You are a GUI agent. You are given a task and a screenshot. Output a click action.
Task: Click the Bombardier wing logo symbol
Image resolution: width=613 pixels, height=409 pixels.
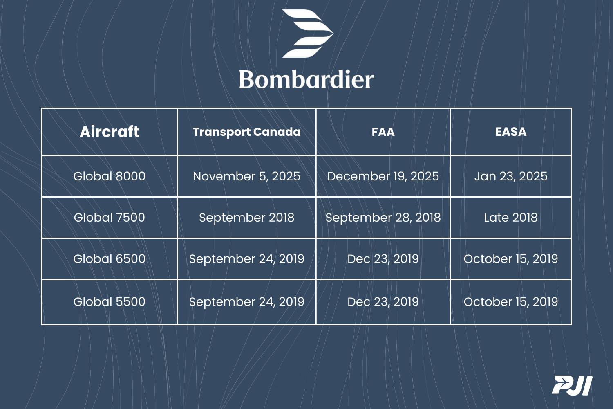pyautogui.click(x=308, y=34)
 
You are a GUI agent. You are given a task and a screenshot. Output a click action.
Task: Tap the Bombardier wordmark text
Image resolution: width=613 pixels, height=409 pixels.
pyautogui.click(x=306, y=79)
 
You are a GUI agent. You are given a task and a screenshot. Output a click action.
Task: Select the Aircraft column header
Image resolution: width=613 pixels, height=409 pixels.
pyautogui.click(x=110, y=132)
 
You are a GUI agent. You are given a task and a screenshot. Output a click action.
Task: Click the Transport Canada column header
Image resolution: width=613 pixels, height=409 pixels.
pyautogui.click(x=246, y=132)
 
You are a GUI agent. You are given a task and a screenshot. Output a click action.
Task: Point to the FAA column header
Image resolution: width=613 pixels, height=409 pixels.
pyautogui.click(x=383, y=132)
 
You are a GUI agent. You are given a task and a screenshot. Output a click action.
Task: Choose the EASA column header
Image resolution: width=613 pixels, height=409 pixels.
pyautogui.click(x=511, y=132)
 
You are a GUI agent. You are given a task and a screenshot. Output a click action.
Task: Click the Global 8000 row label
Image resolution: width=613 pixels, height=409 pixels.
pyautogui.click(x=110, y=176)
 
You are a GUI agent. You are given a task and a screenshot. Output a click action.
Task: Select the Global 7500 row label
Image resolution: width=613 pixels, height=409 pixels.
pyautogui.click(x=110, y=218)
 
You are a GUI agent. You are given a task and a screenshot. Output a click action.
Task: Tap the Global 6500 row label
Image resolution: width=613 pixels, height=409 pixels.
pyautogui.click(x=110, y=259)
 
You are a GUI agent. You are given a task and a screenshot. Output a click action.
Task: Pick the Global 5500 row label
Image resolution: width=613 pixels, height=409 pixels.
pyautogui.click(x=110, y=302)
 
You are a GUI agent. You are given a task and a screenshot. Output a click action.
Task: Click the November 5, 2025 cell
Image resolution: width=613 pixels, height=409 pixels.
pyautogui.click(x=246, y=176)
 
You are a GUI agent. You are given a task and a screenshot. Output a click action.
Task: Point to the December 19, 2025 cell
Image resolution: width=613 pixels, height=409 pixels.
pyautogui.click(x=383, y=176)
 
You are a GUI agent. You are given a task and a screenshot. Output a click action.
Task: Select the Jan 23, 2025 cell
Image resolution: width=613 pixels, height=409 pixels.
pyautogui.click(x=511, y=176)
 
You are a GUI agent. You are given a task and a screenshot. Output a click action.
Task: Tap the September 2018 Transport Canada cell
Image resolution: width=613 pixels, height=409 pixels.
pyautogui.click(x=246, y=218)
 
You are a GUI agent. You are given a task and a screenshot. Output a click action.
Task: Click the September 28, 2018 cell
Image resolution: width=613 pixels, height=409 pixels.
pyautogui.click(x=383, y=218)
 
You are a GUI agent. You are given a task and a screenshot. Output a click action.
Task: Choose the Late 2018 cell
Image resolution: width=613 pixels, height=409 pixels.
pyautogui.click(x=511, y=218)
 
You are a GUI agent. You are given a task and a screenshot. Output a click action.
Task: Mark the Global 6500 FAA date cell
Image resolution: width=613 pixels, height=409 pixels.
pyautogui.click(x=383, y=259)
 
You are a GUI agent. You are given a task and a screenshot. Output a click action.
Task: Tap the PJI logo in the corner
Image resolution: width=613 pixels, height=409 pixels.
pyautogui.click(x=572, y=386)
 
